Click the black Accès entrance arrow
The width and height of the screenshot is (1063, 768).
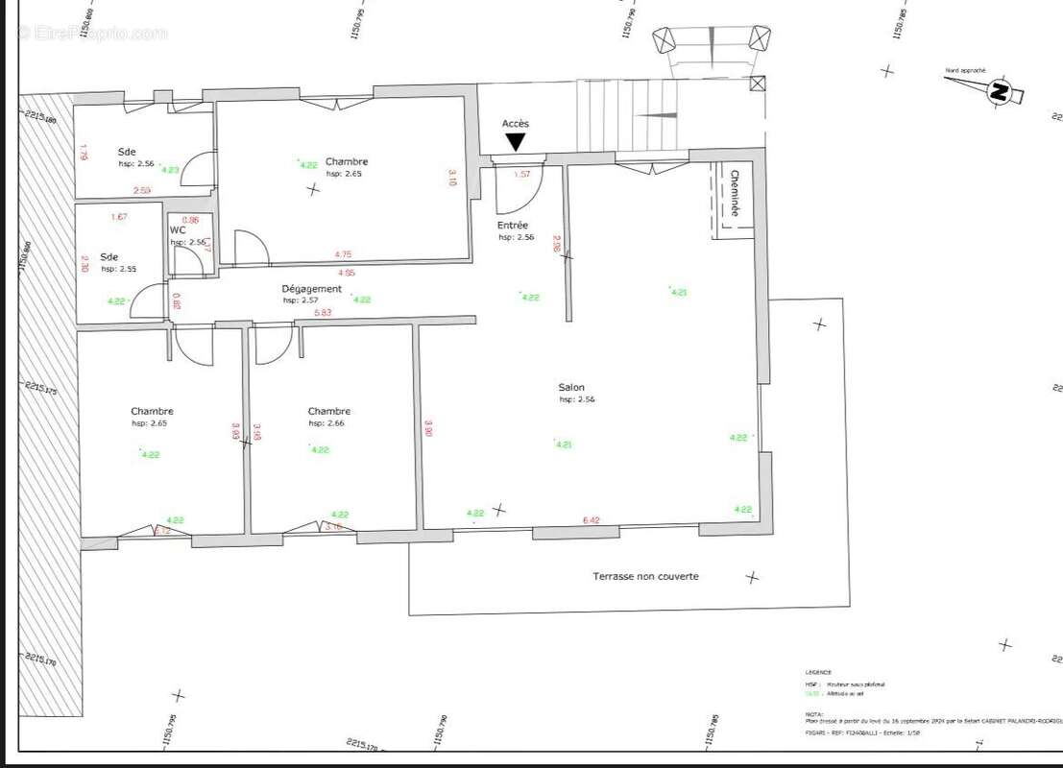pos(516,142)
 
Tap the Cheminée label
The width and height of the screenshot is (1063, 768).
pos(736,193)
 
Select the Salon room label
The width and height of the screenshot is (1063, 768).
pos(571,388)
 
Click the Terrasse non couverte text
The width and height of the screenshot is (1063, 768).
pos(645,576)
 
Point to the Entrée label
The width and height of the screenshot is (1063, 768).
pos(514,226)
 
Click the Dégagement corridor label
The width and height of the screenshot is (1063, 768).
pos(311,289)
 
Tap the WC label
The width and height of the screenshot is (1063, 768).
pos(178,230)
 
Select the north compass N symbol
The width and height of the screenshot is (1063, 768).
pos(999,92)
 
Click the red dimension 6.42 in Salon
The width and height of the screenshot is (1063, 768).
pos(591,520)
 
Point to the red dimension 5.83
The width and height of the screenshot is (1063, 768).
pos(323,312)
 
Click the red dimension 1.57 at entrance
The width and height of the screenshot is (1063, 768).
pos(522,175)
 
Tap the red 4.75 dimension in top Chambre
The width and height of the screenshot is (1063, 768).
pos(343,254)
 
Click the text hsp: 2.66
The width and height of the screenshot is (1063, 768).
pos(326,423)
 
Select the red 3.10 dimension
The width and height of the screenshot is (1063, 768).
pos(452,178)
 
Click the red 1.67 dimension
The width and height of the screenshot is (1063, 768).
pos(119,217)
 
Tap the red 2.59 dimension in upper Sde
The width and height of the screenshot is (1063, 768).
pos(142,190)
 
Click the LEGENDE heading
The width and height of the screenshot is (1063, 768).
pos(818,672)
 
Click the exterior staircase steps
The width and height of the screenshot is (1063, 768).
pos(624,115)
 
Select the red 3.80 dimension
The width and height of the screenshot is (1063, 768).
pos(428,428)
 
